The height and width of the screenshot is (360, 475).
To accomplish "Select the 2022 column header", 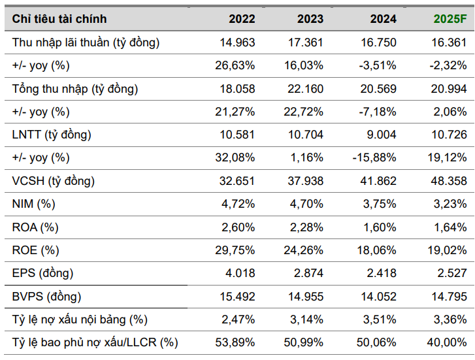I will coord(242,19).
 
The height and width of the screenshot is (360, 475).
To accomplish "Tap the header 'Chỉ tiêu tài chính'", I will coord(59,19).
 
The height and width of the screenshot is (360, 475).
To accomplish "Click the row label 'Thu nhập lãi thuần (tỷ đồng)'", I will coord(86,42).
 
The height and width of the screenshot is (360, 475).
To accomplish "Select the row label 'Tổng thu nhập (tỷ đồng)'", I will coord(75,89).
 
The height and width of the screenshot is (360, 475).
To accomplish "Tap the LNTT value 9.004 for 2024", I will coord(380,135).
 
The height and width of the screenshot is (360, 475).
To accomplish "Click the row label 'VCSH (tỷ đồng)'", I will coord(53,181).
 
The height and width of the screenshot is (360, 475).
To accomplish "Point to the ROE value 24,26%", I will coord(303,250).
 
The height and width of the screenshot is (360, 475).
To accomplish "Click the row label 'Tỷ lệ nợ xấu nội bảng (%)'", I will coord(80,319).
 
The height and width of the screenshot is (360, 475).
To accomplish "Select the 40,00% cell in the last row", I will coord(447,342).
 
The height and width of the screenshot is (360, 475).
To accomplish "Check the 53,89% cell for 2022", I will coord(235,342).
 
